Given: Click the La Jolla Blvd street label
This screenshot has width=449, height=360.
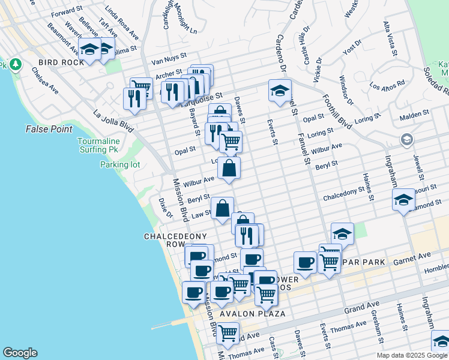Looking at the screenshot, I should click(x=112, y=117).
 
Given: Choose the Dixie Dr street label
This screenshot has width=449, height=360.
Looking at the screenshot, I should click(x=165, y=208).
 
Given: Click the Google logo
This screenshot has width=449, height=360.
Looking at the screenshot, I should click(x=20, y=353).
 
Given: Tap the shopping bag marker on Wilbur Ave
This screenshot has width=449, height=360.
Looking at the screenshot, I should click(x=229, y=169).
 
